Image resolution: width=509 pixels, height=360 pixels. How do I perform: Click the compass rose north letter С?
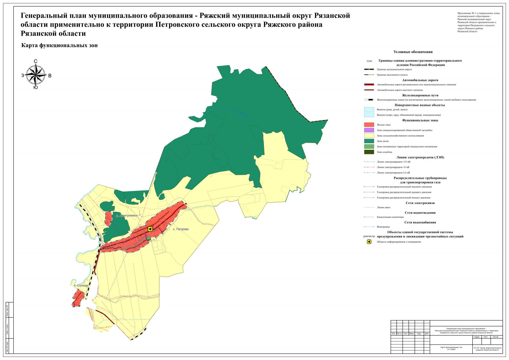35,61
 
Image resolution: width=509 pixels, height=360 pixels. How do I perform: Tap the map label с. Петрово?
181,229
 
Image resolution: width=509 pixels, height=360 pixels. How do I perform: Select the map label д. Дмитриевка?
127,215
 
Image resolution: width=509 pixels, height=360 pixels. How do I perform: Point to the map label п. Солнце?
81,286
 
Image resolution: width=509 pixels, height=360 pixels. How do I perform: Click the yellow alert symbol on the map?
150,229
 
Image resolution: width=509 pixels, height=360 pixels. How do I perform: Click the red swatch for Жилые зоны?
369,125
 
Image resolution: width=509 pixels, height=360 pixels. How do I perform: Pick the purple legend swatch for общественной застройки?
369,130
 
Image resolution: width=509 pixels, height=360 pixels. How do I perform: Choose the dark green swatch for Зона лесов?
369,141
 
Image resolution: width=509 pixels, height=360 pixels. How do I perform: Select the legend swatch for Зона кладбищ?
369,152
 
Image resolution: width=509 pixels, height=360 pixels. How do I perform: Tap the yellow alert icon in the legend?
369,242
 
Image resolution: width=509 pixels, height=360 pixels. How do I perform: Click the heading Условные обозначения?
413,52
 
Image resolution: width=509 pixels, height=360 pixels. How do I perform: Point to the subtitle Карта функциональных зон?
59,46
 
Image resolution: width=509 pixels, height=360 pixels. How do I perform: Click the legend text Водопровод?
383,227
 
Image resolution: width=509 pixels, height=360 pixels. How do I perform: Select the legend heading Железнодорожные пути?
420,95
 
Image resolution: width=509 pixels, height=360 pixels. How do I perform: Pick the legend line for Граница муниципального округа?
369,69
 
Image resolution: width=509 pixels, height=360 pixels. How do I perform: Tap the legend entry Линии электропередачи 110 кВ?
393,162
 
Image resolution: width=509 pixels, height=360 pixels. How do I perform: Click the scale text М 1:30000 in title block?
451,349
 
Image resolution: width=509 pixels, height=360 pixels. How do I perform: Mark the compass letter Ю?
35,88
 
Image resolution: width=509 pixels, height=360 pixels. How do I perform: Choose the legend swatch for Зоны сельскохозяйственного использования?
369,136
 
